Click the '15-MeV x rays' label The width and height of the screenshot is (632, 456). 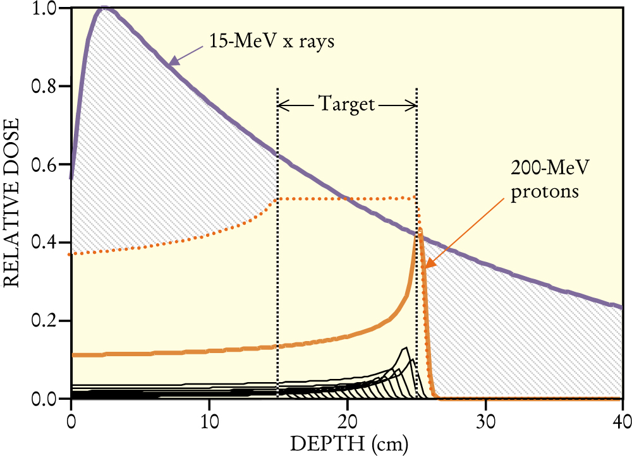271,42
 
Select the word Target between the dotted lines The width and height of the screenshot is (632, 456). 347,104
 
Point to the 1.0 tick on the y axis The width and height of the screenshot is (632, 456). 45,8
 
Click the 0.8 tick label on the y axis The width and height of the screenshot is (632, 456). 45,86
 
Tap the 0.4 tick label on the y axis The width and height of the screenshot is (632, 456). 45,243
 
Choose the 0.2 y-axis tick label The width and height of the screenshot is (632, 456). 45,321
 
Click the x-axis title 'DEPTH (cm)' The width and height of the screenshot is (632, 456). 349,444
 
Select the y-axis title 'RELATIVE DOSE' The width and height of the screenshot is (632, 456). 11,203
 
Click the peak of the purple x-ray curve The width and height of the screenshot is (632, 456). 104,8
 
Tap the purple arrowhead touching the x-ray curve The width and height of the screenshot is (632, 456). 173,61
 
